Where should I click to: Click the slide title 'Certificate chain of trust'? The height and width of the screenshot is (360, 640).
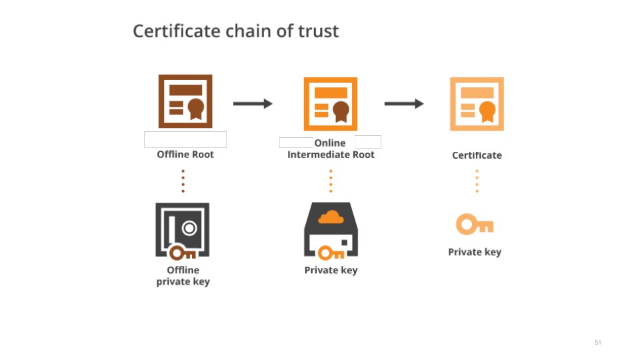click(235, 31)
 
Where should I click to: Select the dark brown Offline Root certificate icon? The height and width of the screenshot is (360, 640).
click(185, 101)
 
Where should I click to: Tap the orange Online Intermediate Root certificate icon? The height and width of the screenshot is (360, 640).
click(331, 104)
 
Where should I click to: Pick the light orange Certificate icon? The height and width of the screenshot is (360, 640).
click(477, 104)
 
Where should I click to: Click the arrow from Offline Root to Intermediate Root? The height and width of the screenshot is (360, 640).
click(253, 103)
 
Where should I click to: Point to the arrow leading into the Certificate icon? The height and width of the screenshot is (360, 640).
click(404, 103)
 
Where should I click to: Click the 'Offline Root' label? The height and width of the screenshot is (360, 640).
click(185, 154)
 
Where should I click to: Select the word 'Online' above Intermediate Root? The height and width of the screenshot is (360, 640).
click(330, 143)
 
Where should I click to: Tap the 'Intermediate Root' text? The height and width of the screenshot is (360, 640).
click(331, 155)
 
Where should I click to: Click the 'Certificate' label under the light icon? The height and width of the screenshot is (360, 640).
click(477, 155)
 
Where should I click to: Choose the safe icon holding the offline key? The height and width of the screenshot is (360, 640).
click(182, 230)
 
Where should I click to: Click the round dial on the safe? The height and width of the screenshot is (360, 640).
click(190, 228)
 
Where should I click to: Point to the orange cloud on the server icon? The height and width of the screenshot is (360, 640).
click(331, 216)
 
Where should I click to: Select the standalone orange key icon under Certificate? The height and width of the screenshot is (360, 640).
click(474, 225)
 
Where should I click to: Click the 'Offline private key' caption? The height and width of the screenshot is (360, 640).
click(183, 276)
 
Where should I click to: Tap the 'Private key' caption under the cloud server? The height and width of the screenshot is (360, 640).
click(331, 270)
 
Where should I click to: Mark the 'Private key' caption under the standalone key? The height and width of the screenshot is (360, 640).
click(474, 252)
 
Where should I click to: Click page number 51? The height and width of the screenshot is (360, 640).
click(597, 343)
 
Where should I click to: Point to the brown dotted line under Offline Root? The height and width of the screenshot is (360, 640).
click(183, 180)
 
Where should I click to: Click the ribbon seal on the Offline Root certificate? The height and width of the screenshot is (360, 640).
click(195, 109)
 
